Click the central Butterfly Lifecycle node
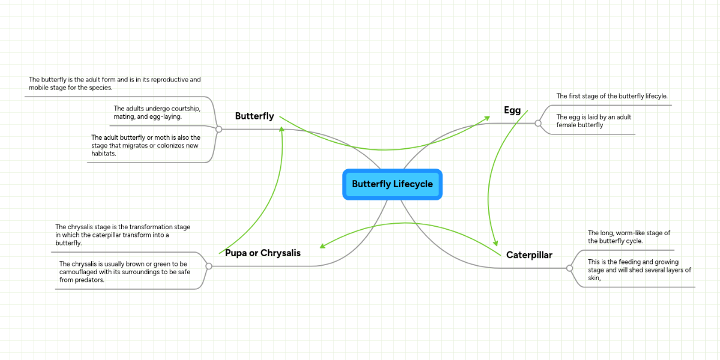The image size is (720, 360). (x=392, y=184)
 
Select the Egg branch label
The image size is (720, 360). (x=512, y=110)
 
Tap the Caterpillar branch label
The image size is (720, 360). (x=529, y=255)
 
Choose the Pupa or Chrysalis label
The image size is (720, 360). (x=263, y=253)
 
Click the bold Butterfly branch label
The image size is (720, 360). (x=254, y=116)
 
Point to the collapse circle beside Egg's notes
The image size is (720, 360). (x=538, y=123)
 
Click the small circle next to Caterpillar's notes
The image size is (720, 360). (x=569, y=268)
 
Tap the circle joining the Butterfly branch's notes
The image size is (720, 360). (x=219, y=129)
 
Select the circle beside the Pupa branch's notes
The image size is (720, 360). (x=209, y=266)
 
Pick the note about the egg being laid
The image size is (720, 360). (x=593, y=121)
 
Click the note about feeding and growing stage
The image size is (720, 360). (x=639, y=270)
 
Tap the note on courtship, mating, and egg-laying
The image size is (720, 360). (x=156, y=112)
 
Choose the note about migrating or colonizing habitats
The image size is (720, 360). (x=146, y=145)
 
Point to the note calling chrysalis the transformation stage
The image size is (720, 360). (x=123, y=235)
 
